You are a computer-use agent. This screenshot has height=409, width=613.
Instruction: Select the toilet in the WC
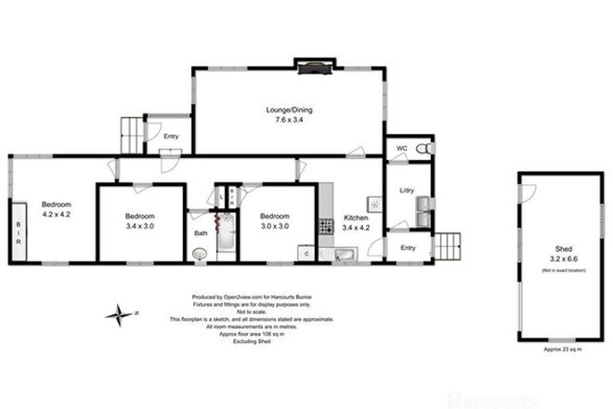click(424, 149)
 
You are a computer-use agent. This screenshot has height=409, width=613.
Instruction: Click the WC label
click(401, 149)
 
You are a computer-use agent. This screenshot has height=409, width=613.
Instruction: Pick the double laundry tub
click(424, 210)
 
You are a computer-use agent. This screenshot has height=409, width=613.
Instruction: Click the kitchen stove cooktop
click(325, 225)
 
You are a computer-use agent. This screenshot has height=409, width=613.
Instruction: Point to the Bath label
click(201, 233)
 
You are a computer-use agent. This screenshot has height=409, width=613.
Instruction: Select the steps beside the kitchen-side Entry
click(447, 246)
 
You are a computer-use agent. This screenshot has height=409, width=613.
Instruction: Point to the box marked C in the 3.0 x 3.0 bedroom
click(306, 252)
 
